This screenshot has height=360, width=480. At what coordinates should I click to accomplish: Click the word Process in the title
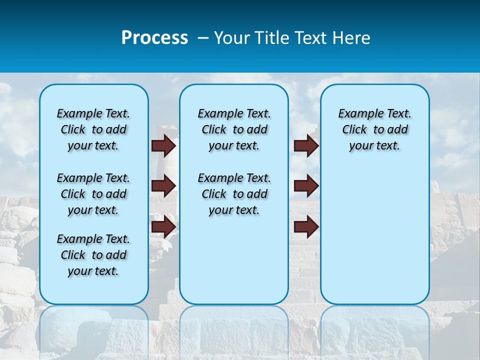pyautogui.click(x=154, y=38)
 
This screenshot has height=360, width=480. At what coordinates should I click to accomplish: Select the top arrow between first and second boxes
pyautogui.click(x=163, y=145)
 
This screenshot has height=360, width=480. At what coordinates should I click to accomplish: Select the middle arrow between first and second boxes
pyautogui.click(x=163, y=185)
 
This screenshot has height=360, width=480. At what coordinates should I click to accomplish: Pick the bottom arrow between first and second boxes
pyautogui.click(x=163, y=226)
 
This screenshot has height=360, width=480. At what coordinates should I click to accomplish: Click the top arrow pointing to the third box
pyautogui.click(x=306, y=145)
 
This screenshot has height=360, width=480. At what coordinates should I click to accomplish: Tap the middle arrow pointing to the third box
pyautogui.click(x=306, y=185)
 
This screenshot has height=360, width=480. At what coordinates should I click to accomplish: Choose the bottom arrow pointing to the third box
pyautogui.click(x=306, y=226)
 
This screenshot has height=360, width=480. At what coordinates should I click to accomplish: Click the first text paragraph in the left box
pyautogui.click(x=93, y=129)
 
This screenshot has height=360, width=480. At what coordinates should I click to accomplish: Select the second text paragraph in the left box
pyautogui.click(x=93, y=194)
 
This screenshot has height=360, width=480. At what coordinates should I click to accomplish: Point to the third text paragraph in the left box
pyautogui.click(x=93, y=255)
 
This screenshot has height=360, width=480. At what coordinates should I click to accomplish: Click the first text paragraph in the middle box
pyautogui.click(x=234, y=129)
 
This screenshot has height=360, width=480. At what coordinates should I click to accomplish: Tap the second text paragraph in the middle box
pyautogui.click(x=234, y=194)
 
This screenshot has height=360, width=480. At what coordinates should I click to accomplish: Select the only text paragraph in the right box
pyautogui.click(x=374, y=129)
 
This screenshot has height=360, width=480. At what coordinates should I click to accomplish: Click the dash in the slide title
pyautogui.click(x=203, y=38)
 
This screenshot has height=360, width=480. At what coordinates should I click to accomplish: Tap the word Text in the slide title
pyautogui.click(x=312, y=38)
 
